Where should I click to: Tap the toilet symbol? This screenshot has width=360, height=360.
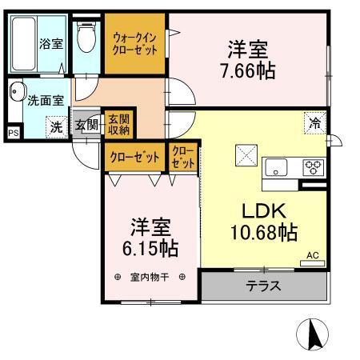click(x=83, y=37)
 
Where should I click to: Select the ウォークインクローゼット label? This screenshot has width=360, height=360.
click(x=134, y=43)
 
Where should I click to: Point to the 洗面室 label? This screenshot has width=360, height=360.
click(x=44, y=101)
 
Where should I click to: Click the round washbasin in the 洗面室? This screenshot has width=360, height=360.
click(x=18, y=92)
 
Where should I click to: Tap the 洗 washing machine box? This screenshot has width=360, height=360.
click(x=56, y=126)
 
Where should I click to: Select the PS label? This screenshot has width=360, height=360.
click(x=14, y=134)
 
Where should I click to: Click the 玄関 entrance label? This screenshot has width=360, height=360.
click(x=86, y=125)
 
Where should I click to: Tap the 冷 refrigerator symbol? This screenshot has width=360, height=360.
click(x=316, y=124)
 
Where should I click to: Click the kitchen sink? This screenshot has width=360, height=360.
click(x=277, y=168)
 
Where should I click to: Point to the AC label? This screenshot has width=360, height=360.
click(x=313, y=256)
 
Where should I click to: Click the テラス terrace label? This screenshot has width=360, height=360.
click(x=262, y=286)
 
